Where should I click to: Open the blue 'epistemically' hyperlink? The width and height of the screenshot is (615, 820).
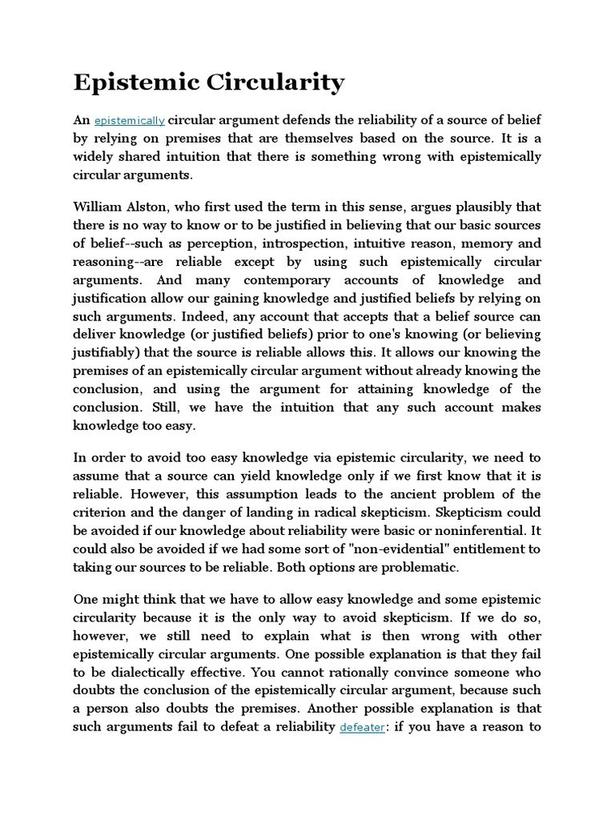tap(130, 121)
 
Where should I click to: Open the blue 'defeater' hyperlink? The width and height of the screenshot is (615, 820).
tap(362, 727)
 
